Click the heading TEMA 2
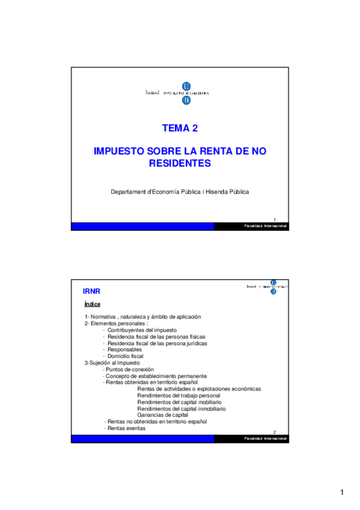tap(180, 128)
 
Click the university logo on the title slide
tap(185, 93)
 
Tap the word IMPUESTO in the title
tap(116, 152)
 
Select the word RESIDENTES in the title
tap(180, 163)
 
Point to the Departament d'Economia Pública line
tap(180, 192)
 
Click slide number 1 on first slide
tap(275, 220)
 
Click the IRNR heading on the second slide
tap(91, 291)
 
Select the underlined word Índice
tap(92, 304)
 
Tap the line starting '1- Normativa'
tap(142, 317)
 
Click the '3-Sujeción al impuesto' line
tap(112, 363)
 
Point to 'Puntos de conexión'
tap(130, 369)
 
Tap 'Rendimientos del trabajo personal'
tap(178, 396)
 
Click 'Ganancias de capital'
tap(163, 415)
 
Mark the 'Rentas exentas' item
tap(126, 428)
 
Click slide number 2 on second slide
tap(275, 432)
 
